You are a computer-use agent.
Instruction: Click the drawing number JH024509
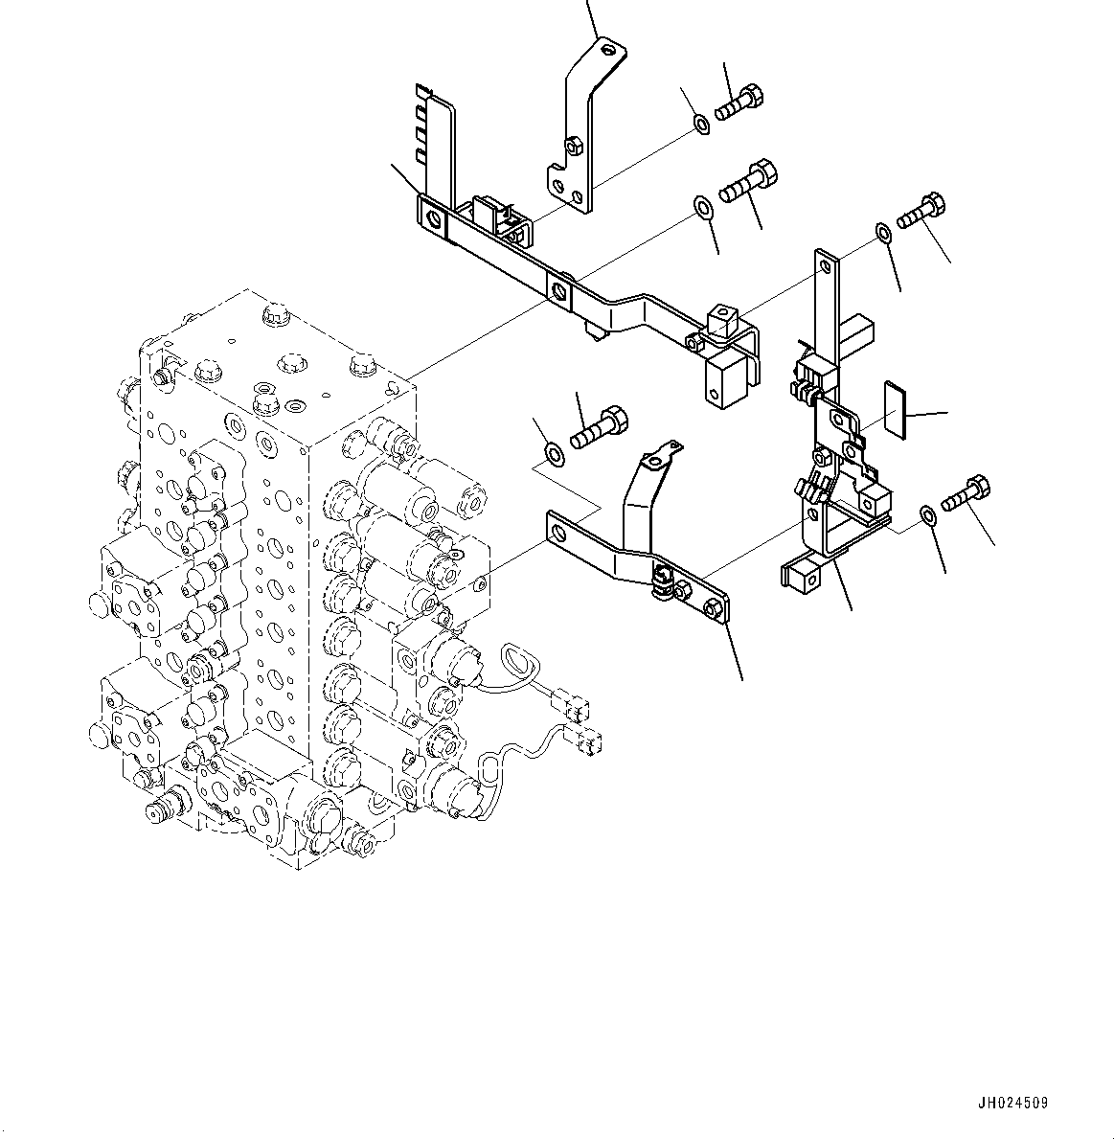(1013, 1103)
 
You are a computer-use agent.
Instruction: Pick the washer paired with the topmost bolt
(701, 124)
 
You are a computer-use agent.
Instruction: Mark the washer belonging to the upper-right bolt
(882, 233)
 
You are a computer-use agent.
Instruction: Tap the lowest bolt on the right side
(966, 494)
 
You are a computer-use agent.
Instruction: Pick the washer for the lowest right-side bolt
(927, 515)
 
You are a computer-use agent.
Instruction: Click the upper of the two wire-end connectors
(578, 710)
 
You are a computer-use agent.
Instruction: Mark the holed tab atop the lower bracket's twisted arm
(659, 458)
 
